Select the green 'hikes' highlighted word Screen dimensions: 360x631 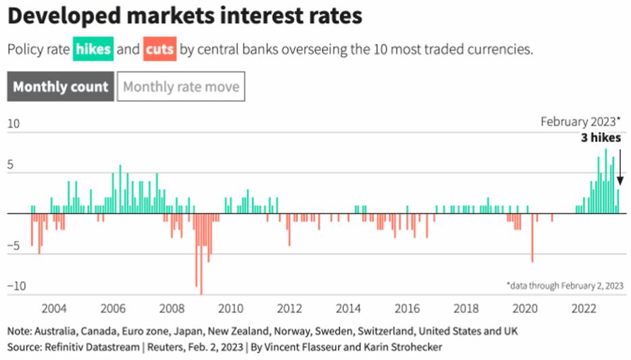[93, 50]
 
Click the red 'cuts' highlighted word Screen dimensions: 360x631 [159, 50]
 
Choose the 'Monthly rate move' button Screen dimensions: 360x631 [180, 87]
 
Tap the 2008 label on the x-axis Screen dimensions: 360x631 [171, 309]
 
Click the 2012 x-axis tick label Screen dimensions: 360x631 [289, 309]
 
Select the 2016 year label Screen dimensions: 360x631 [407, 309]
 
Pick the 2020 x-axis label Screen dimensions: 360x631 [524, 309]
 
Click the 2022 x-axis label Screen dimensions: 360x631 [583, 309]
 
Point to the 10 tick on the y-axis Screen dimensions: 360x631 [14, 124]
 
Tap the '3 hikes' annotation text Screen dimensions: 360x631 [601, 138]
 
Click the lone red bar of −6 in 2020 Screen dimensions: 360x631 [532, 238]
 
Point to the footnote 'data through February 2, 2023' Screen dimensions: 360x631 [565, 286]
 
